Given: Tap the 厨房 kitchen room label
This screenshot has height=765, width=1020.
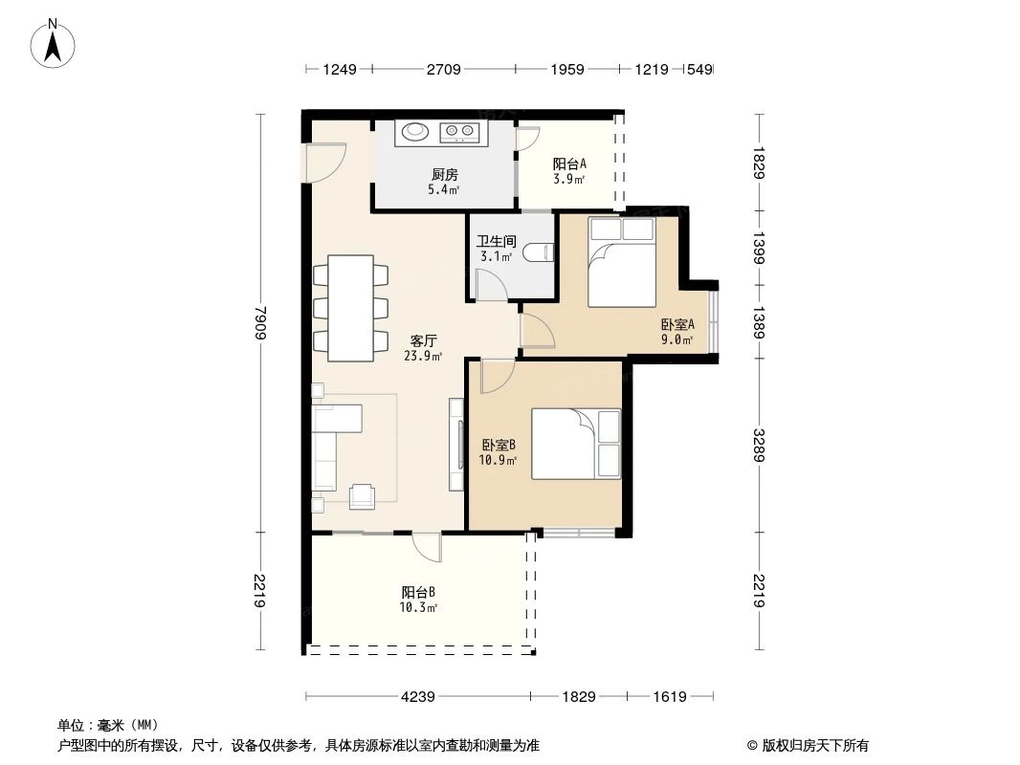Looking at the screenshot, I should pyautogui.click(x=445, y=175).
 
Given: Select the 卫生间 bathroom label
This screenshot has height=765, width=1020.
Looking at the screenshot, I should pyautogui.click(x=496, y=242).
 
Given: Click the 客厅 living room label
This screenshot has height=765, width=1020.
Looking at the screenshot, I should pyautogui.click(x=424, y=340).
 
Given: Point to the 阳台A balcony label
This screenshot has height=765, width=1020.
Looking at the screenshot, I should pyautogui.click(x=569, y=164).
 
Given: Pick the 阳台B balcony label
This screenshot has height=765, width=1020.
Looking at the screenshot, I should pyautogui.click(x=419, y=592).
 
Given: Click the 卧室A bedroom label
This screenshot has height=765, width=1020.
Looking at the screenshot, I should pyautogui.click(x=676, y=325).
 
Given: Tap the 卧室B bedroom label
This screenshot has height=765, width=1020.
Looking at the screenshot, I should pyautogui.click(x=499, y=445).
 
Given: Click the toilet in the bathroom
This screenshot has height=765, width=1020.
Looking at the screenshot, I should pyautogui.click(x=539, y=253).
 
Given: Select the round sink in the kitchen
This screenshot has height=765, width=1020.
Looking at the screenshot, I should pyautogui.click(x=415, y=131).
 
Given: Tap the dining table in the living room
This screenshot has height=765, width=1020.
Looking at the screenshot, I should pyautogui.click(x=351, y=308).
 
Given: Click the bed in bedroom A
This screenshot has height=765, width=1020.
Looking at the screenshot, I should pyautogui.click(x=621, y=263).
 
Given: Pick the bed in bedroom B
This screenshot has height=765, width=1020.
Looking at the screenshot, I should pyautogui.click(x=575, y=443).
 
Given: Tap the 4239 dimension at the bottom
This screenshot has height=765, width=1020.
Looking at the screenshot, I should pyautogui.click(x=418, y=696).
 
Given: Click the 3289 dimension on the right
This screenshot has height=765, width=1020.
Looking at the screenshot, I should pyautogui.click(x=760, y=444).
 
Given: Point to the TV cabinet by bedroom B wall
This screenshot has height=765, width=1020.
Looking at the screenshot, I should pyautogui.click(x=455, y=445).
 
